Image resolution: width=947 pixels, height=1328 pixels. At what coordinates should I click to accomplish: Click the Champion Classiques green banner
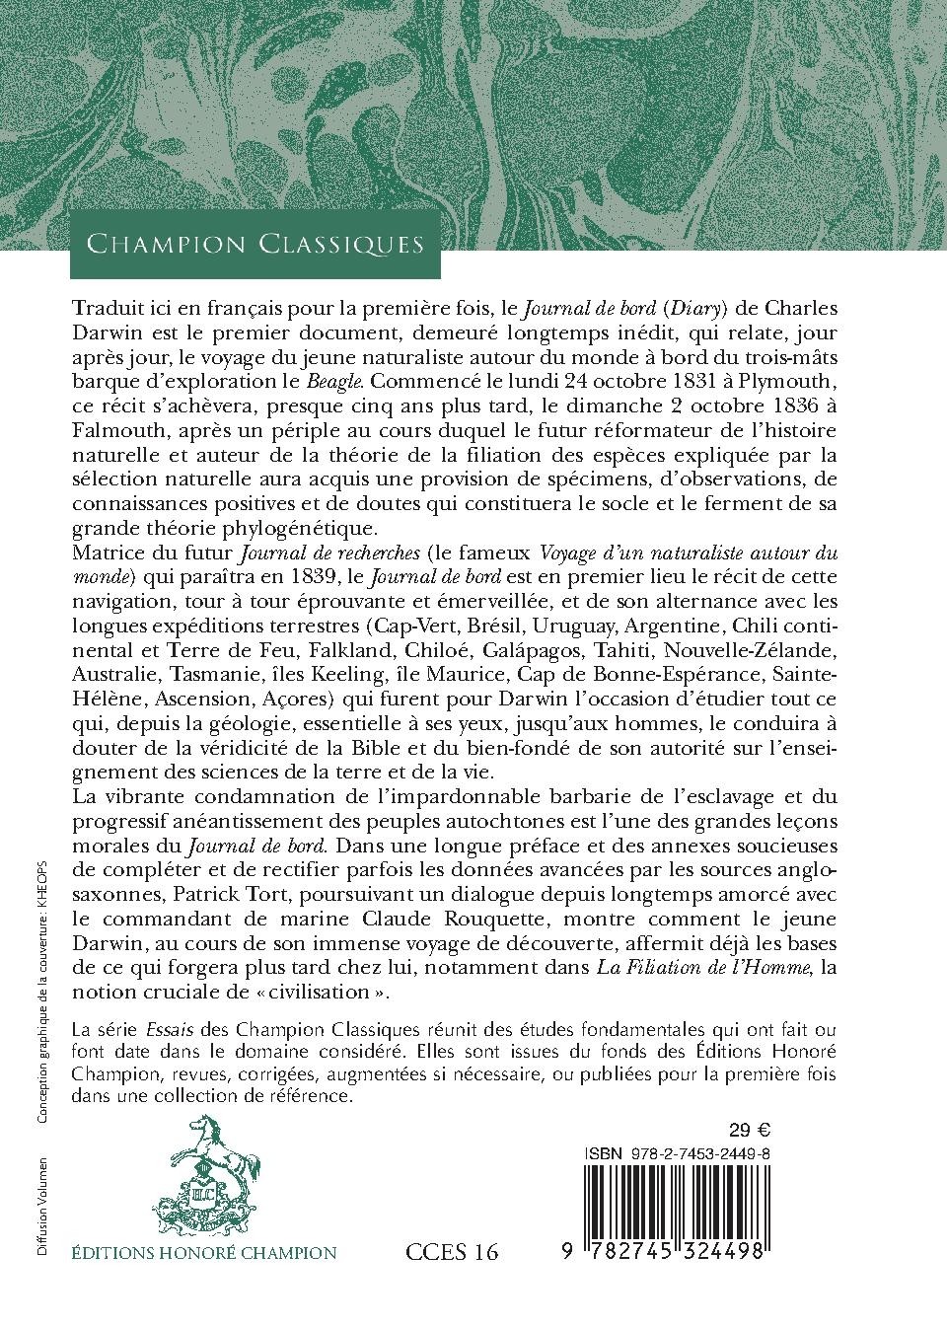[x=255, y=244]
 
